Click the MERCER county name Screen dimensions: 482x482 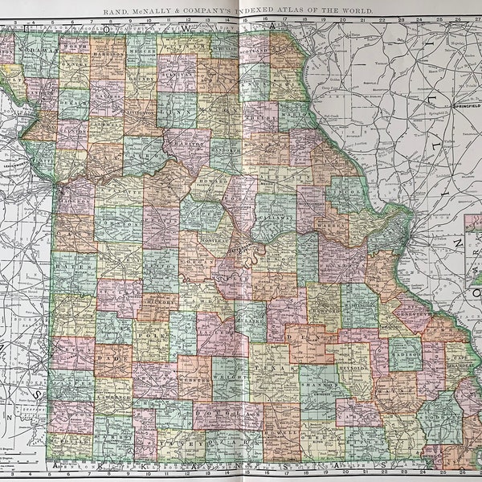click(141, 47)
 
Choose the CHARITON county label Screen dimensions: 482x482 click(185, 145)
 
